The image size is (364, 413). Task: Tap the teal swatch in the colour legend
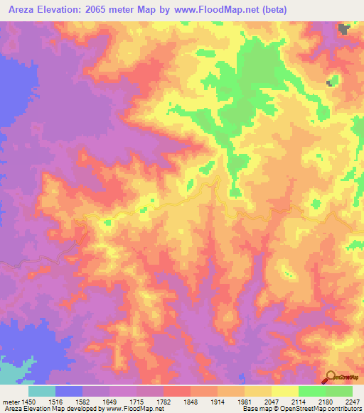(42, 391)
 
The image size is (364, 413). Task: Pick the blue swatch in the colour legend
(69, 391)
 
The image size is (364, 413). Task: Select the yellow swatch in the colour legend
(284, 391)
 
